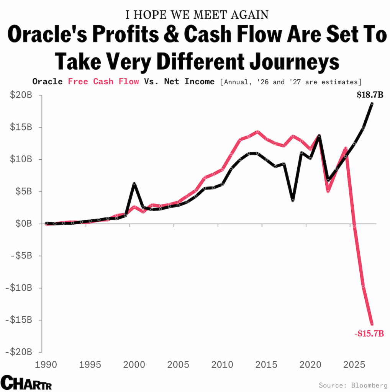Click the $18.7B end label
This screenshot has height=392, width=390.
coord(370,95)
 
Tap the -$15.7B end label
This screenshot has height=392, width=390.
coord(369,334)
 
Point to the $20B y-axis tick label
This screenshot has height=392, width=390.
coord(21,95)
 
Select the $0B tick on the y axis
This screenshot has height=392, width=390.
coord(23,223)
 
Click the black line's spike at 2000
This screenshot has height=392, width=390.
coord(134,184)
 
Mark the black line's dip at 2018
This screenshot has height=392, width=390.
coord(293,200)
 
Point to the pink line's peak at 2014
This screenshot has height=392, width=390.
coord(257,131)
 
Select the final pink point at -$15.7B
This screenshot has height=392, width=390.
coord(372,324)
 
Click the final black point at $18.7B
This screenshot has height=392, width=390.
coord(372,103)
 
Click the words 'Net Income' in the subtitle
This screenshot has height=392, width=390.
coord(190,82)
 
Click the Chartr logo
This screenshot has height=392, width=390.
coord(26,382)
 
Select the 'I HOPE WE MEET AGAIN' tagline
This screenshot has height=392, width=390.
coord(197,15)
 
